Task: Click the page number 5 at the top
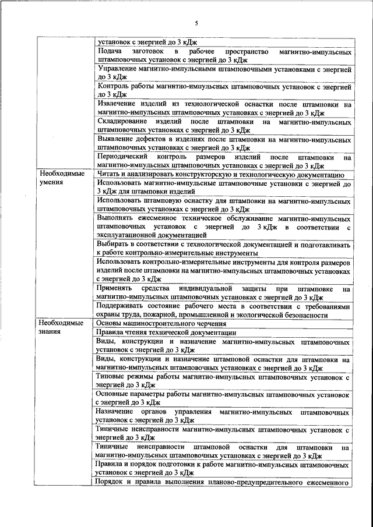[196, 23]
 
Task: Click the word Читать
[109, 174]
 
